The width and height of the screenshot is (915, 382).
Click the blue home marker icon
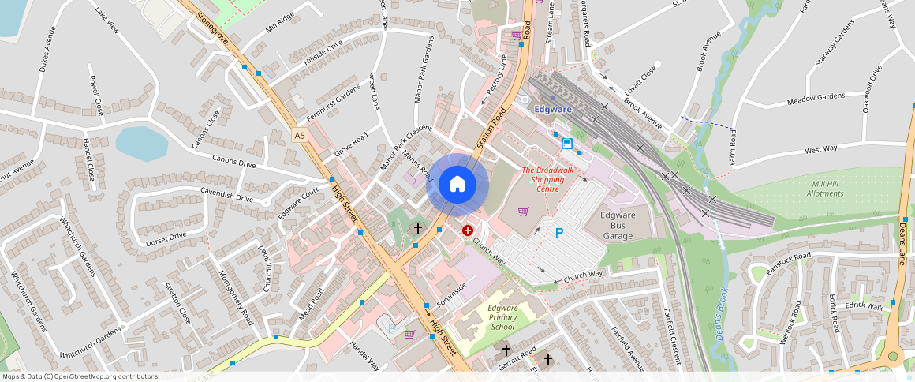click(x=458, y=185)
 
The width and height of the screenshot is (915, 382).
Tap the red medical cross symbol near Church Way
click(x=468, y=230)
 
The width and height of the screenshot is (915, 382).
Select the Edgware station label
click(x=553, y=109)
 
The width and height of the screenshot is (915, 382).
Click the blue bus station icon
click(x=566, y=143)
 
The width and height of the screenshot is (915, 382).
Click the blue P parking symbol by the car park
click(x=560, y=233)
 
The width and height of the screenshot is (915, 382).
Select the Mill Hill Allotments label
click(x=827, y=188)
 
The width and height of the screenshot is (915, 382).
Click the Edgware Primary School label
click(x=502, y=317)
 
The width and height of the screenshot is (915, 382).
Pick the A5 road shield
click(x=299, y=136)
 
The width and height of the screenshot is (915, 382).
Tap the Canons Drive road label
click(x=233, y=161)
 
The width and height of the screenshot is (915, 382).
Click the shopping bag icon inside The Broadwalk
click(x=522, y=211)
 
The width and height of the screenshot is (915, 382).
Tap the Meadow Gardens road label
click(x=816, y=98)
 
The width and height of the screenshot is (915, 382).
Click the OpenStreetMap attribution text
click(x=80, y=376)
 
